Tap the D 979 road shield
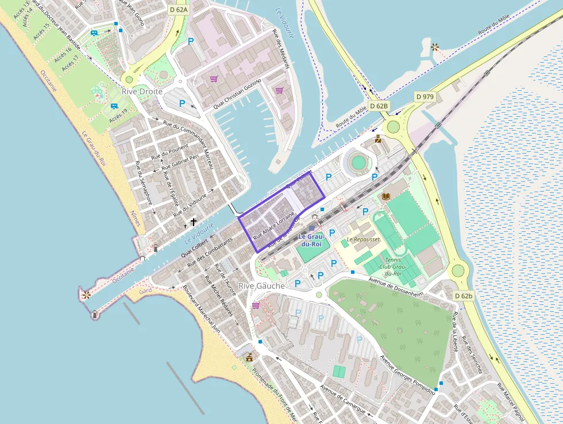point(425,97)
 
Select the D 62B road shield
point(379,106)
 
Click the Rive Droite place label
point(142,91)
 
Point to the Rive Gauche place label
point(261,286)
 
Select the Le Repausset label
point(363,239)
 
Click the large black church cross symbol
point(194,221)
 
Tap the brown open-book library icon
point(385,197)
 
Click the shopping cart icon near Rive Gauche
point(256,305)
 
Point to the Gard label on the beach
point(145,291)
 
